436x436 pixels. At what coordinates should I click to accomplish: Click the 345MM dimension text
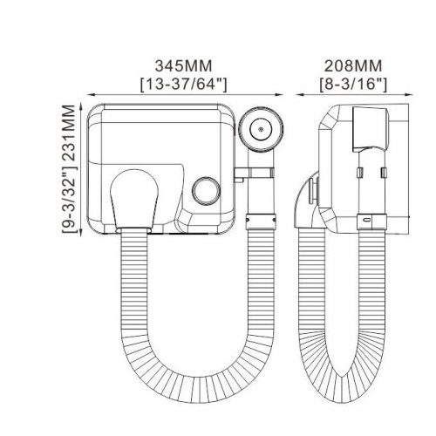(183, 66)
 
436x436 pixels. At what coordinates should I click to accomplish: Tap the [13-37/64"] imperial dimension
(183, 85)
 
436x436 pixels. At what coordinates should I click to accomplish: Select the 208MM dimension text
(353, 66)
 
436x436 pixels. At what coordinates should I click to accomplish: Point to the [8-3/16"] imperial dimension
(353, 85)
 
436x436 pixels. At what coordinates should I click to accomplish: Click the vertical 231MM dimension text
(70, 133)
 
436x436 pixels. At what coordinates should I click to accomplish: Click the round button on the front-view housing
(206, 190)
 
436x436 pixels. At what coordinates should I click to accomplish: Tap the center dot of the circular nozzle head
(261, 129)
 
